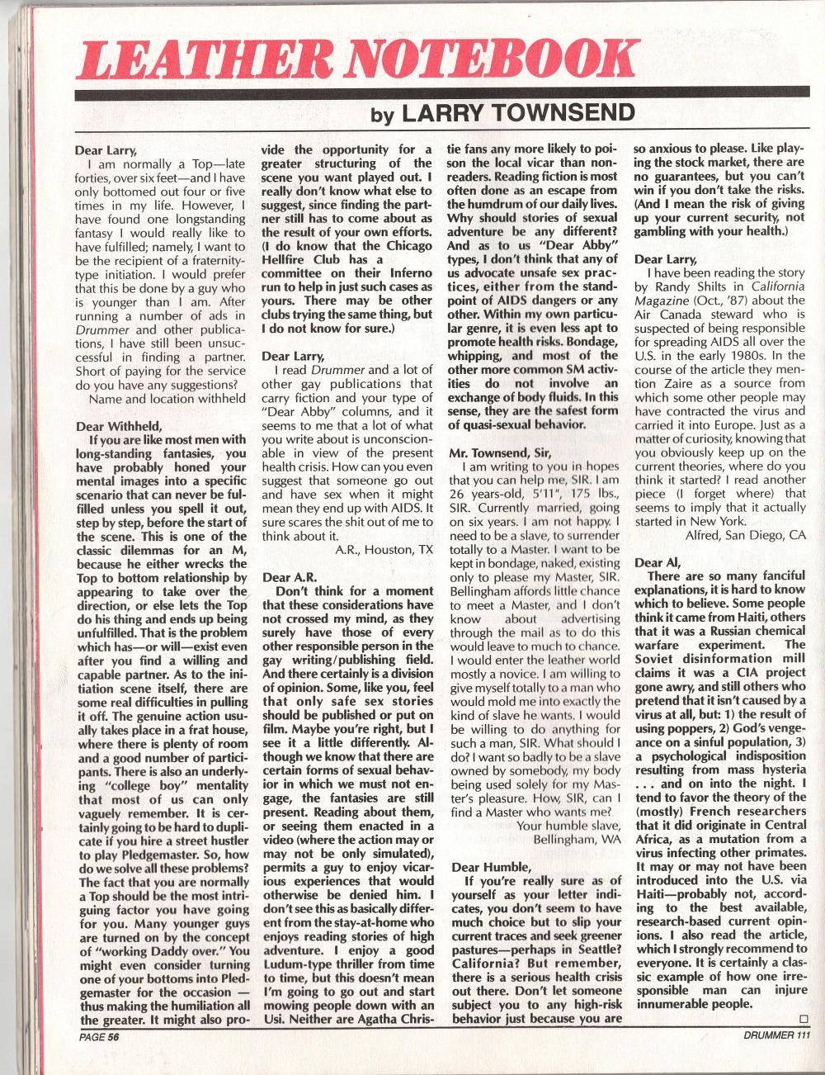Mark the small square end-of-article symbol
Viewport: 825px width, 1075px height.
pos(804,1018)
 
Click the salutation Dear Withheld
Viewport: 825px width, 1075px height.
pos(114,427)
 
